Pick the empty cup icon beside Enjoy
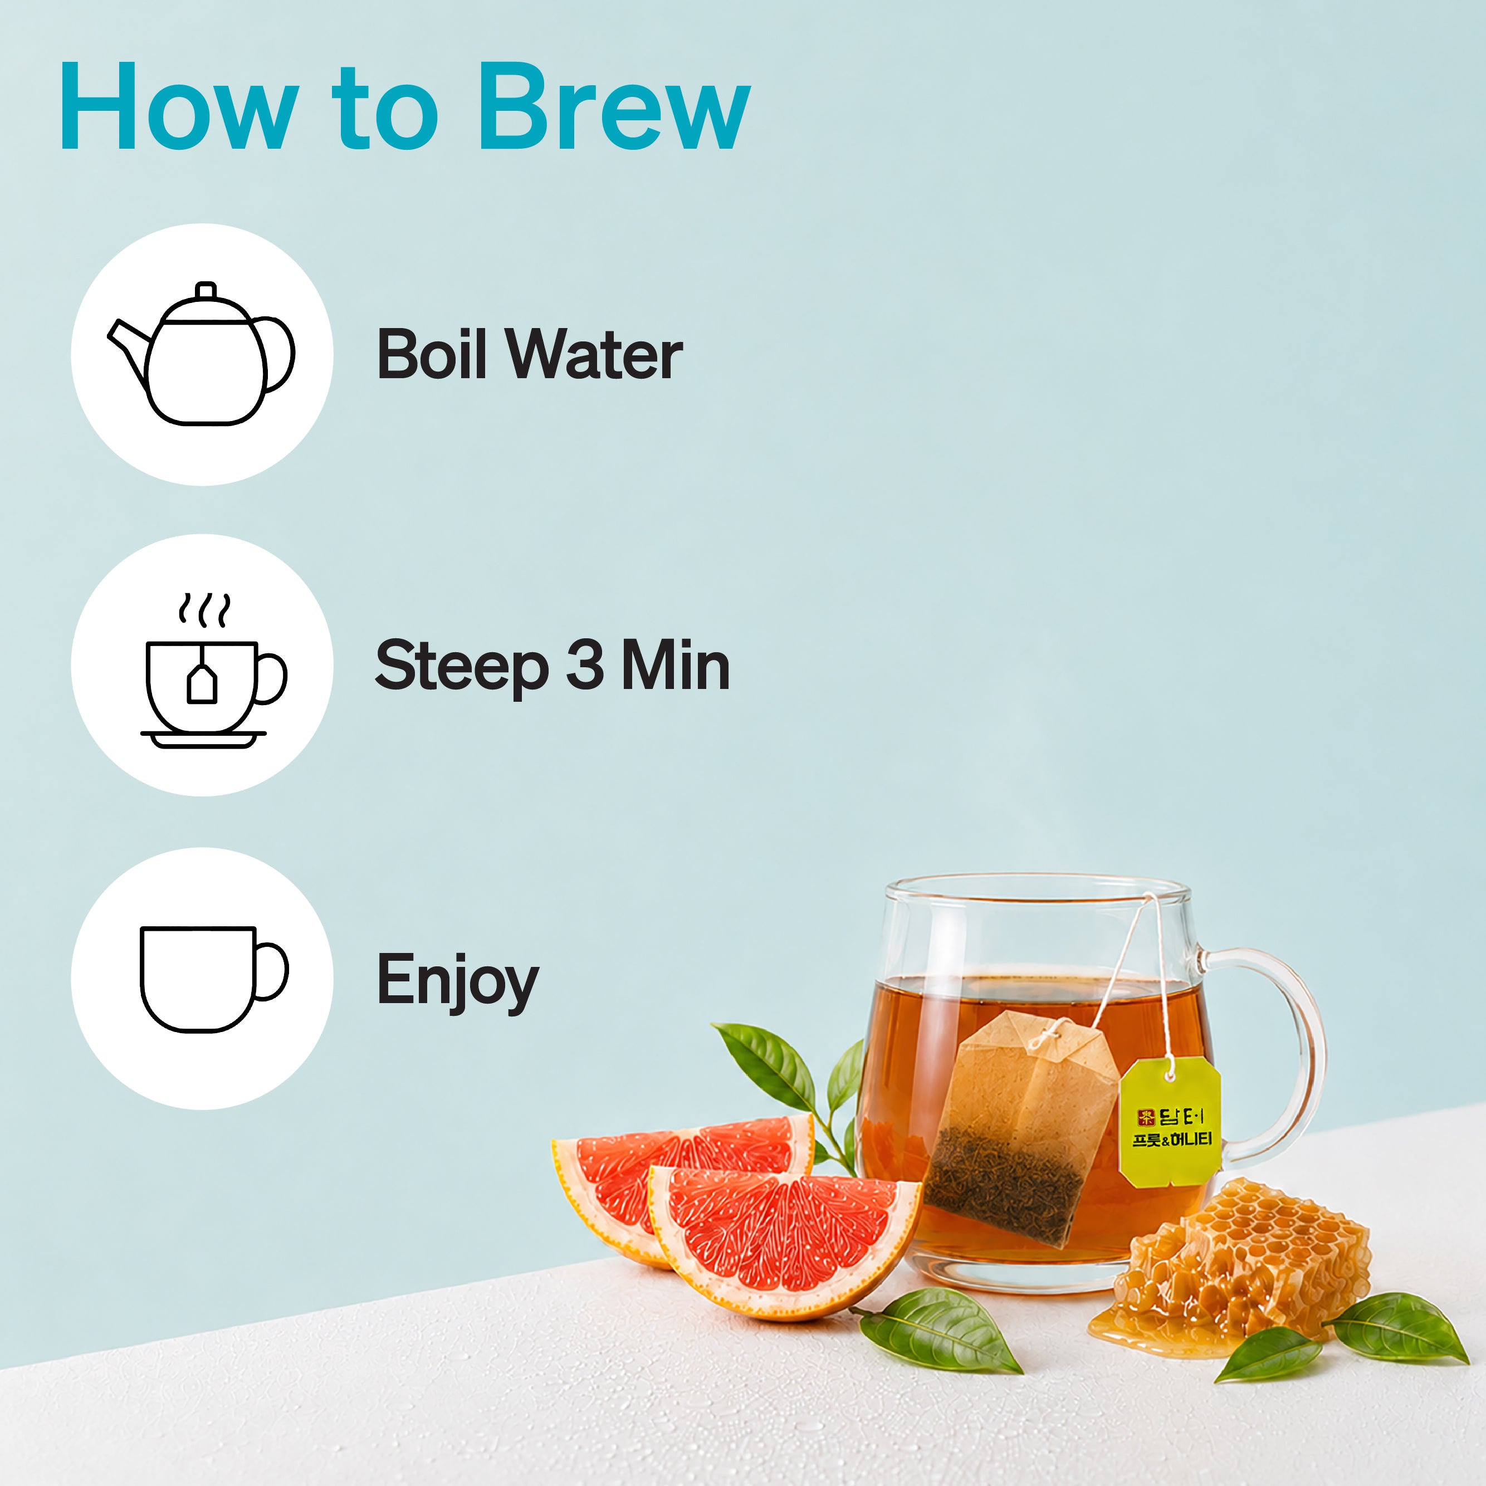[214, 979]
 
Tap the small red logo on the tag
[1146, 1116]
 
